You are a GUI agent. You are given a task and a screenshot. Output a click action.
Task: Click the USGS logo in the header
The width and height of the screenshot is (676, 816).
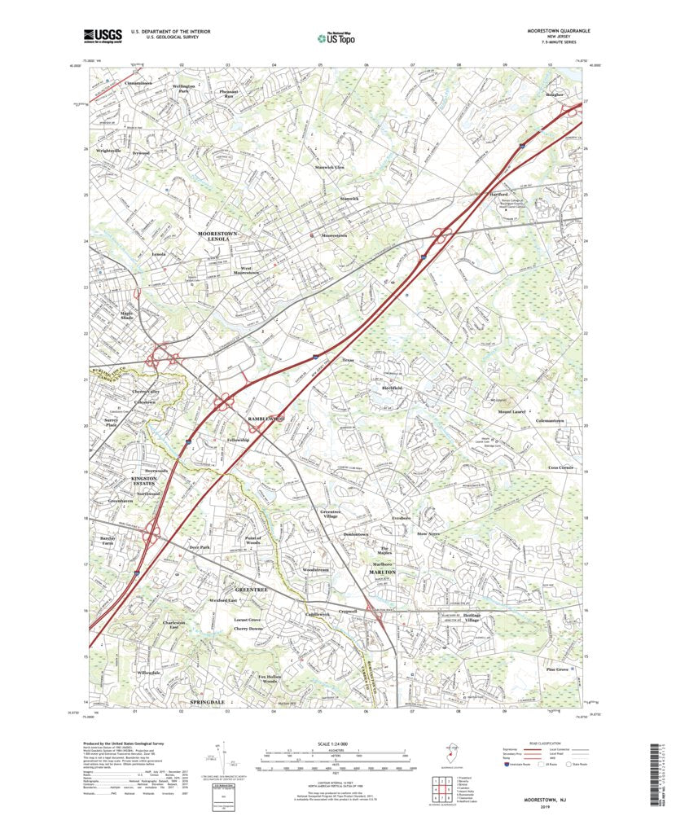tap(102, 35)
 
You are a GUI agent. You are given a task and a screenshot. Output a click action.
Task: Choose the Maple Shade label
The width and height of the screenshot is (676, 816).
tap(126, 314)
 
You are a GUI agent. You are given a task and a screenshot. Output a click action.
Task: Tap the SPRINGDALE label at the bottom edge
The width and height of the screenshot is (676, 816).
tap(207, 701)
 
